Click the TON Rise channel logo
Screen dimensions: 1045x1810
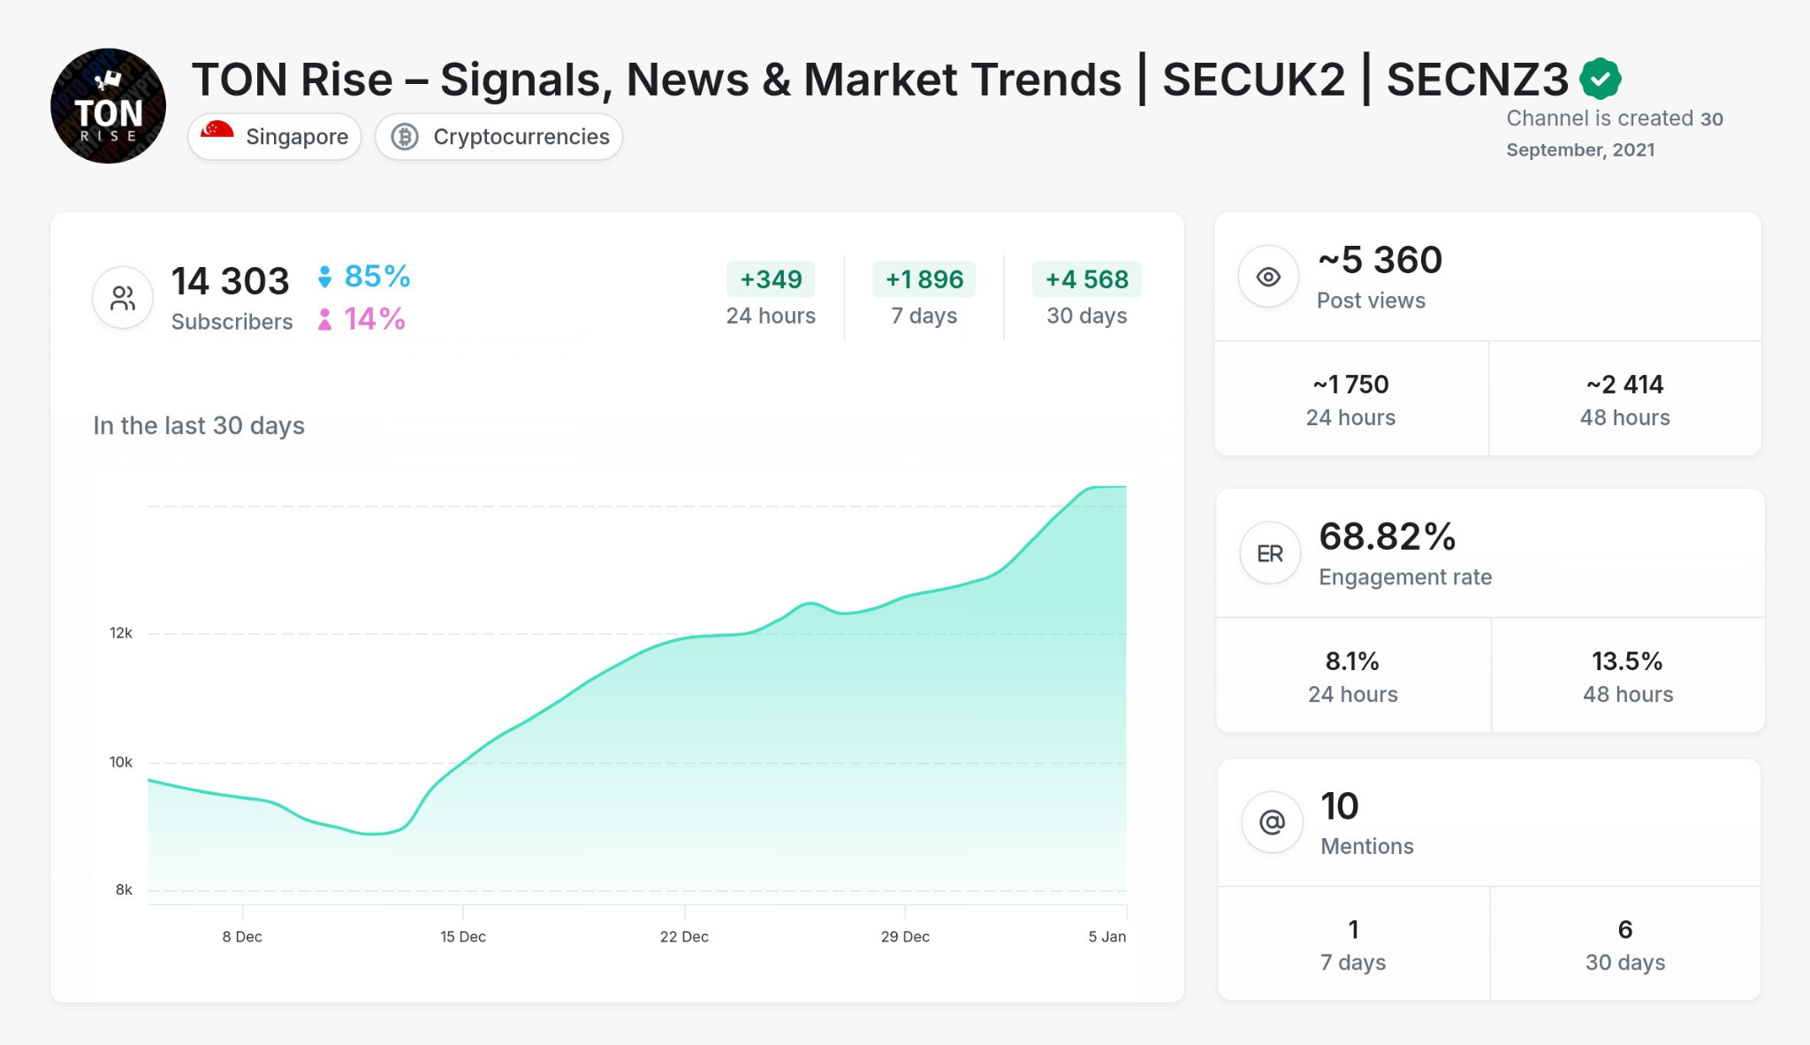(x=108, y=106)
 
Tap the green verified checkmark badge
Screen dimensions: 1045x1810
(x=1600, y=79)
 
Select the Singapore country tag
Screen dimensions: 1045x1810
(x=275, y=137)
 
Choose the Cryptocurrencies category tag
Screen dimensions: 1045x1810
(x=499, y=137)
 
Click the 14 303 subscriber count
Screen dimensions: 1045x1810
(x=230, y=281)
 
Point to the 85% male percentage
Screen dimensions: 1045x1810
(x=376, y=276)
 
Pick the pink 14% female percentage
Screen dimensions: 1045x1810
(x=374, y=318)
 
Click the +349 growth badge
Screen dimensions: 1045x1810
(x=771, y=279)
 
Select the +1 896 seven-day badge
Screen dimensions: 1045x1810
(x=924, y=279)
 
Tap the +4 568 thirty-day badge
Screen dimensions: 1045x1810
(x=1086, y=279)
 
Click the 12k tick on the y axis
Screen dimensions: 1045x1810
(x=121, y=633)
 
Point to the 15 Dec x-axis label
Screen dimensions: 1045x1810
(x=463, y=936)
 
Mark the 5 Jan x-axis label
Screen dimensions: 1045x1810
(x=1107, y=936)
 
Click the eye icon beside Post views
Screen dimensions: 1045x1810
(x=1268, y=277)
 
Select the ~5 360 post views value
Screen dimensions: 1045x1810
(x=1380, y=260)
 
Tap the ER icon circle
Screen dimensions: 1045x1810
(x=1270, y=553)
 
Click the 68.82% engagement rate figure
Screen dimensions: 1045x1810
(x=1387, y=537)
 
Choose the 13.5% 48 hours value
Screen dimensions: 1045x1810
(x=1627, y=661)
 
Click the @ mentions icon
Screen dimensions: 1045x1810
(x=1272, y=822)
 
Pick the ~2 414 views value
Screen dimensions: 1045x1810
(x=1624, y=385)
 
